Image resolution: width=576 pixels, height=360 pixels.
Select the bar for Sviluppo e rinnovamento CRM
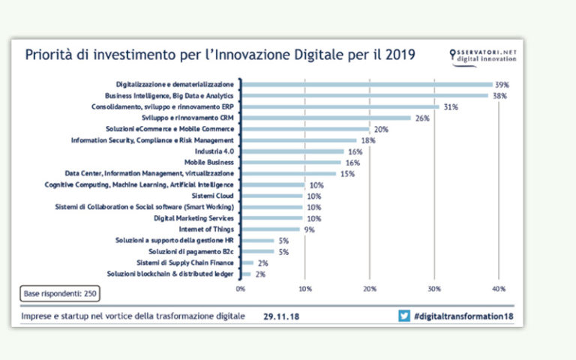tap(325, 118)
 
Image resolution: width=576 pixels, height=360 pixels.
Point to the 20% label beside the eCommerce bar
tap(381, 129)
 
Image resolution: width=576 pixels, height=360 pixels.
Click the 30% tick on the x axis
tap(433, 288)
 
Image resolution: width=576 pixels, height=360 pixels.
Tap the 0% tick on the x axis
tap(241, 288)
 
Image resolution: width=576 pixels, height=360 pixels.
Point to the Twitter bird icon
tap(404, 316)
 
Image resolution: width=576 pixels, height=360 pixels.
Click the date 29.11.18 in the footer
tap(282, 316)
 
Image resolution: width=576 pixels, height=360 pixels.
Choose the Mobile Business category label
tap(209, 162)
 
